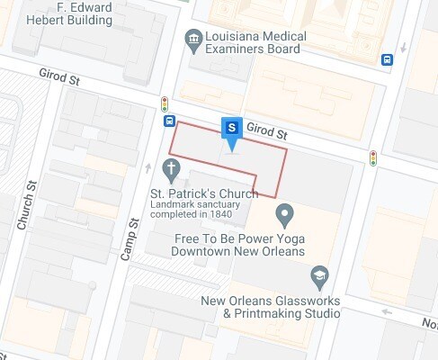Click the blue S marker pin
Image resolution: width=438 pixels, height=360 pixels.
click(x=232, y=128)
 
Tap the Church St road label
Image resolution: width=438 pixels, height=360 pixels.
click(x=26, y=205)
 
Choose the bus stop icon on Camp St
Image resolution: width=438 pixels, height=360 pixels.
click(x=169, y=121)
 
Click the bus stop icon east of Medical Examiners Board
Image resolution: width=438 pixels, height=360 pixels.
click(x=387, y=59)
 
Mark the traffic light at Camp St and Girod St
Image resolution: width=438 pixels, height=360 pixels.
click(x=165, y=103)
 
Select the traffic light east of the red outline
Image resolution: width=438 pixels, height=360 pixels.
click(x=372, y=157)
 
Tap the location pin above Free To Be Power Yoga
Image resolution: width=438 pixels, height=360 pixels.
click(x=285, y=215)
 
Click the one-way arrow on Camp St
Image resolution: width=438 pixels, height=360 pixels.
click(x=148, y=166)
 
